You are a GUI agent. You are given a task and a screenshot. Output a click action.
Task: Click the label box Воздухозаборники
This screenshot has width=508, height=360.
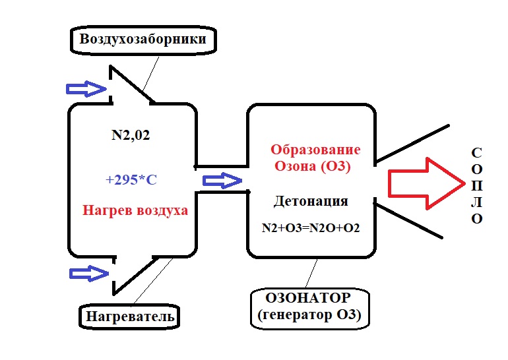tap(143, 40)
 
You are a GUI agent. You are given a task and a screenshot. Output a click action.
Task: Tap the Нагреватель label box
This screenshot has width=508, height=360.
tap(130, 316)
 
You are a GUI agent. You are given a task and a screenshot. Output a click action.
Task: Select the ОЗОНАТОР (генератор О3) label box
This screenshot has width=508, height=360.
tap(309, 307)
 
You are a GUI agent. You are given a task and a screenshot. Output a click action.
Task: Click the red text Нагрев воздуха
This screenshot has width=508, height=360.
tap(135, 211)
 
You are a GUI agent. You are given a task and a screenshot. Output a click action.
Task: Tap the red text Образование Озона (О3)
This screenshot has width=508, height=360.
tap(316, 158)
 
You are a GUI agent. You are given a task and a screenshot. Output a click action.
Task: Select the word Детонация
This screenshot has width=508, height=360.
tap(310, 200)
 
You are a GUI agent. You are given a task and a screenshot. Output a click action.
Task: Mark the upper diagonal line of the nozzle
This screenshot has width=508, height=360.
tap(412, 142)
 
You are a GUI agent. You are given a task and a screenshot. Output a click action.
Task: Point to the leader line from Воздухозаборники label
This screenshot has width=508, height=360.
tap(151, 73)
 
